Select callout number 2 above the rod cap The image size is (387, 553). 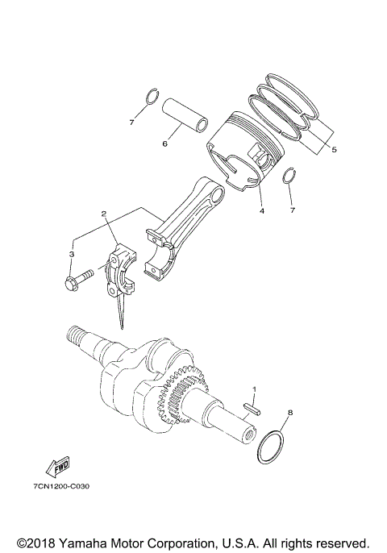click(104, 214)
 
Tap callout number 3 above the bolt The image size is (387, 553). click(71, 254)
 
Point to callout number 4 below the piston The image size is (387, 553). click(260, 212)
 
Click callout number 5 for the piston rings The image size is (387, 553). click(334, 148)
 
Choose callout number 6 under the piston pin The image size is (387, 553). click(164, 144)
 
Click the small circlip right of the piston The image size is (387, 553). click(293, 177)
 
